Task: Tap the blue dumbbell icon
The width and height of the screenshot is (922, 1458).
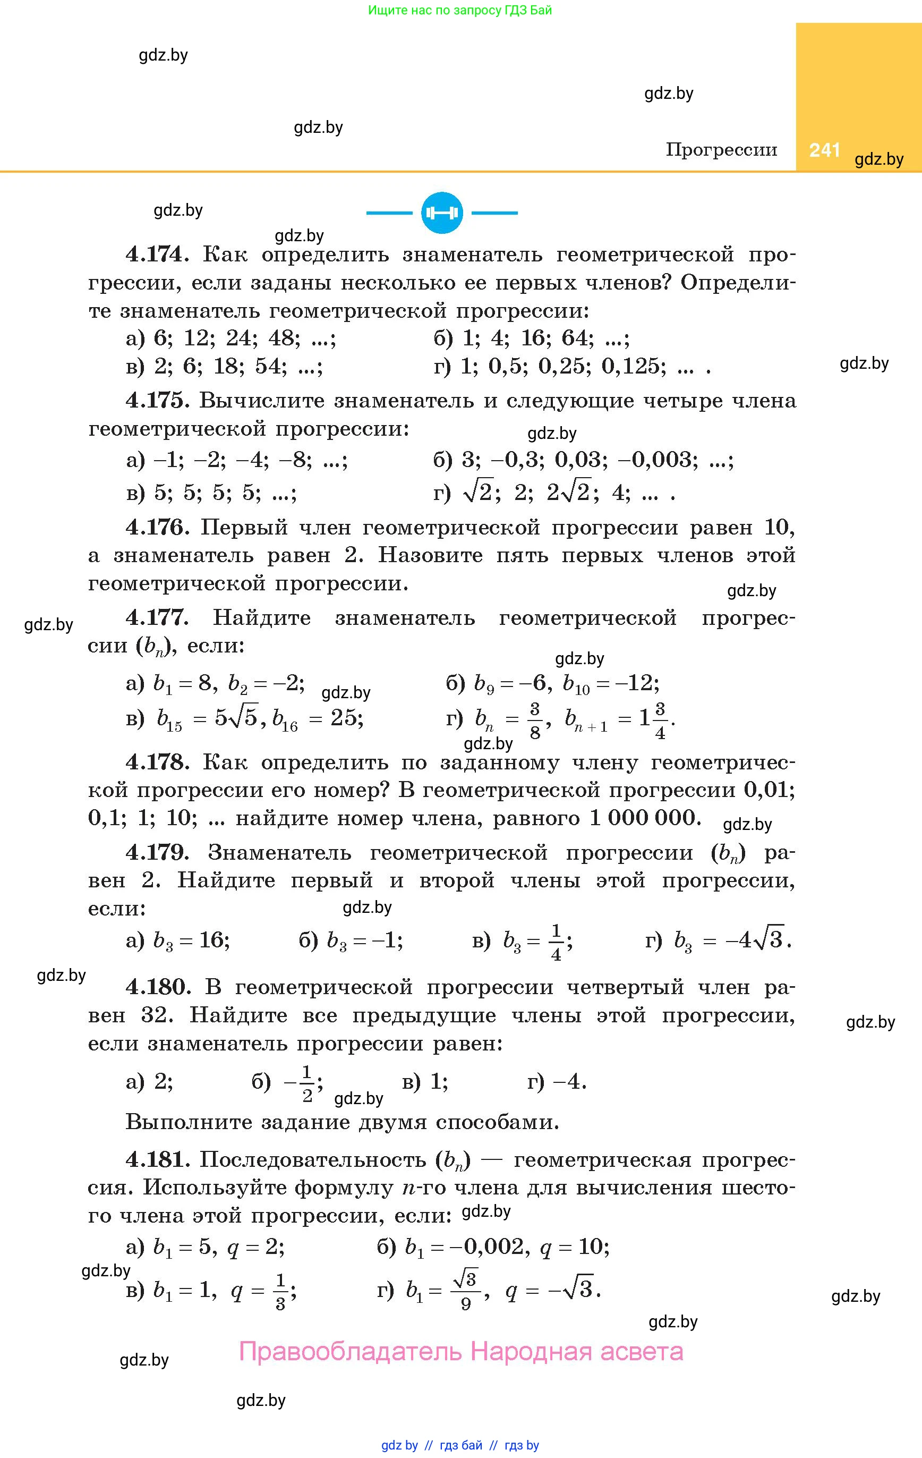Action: coord(442,213)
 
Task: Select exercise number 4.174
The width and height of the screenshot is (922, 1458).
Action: coord(155,255)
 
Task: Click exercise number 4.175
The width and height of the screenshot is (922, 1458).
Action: coord(155,400)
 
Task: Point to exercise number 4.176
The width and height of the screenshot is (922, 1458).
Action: coord(155,528)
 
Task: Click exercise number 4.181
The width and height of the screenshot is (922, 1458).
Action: coord(155,1159)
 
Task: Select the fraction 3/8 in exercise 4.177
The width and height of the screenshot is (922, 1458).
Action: coord(534,719)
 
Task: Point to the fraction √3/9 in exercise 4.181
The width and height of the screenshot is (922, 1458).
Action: coord(465,1291)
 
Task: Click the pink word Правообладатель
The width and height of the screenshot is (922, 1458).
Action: coord(351,1351)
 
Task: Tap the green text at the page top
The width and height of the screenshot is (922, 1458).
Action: coord(460,10)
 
